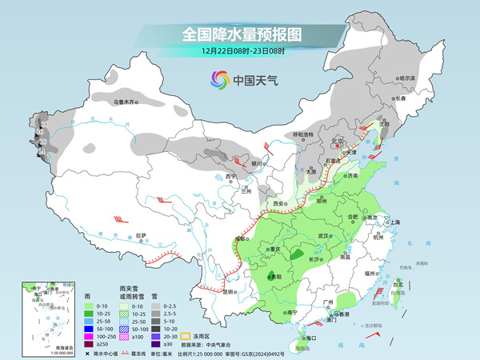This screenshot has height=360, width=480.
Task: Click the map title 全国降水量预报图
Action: click(242, 34)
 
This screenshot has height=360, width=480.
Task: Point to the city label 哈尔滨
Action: click(407, 78)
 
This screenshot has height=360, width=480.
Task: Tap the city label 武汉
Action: click(324, 235)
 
